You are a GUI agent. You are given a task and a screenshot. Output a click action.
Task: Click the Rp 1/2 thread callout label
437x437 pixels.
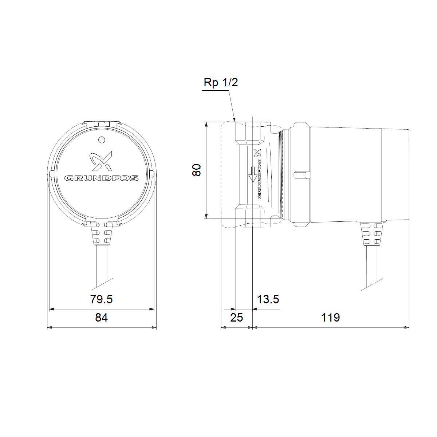coord(221,82)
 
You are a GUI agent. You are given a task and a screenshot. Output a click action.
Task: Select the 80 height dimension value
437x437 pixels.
coord(197,170)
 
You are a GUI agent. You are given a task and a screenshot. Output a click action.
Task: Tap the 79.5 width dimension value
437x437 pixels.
coord(101,299)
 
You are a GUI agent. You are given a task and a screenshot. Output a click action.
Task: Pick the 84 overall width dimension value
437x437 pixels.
coord(101,318)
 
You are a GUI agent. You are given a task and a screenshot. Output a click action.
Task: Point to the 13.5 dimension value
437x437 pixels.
coord(268,299)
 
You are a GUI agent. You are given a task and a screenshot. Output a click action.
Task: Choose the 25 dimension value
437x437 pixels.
coord(236,318)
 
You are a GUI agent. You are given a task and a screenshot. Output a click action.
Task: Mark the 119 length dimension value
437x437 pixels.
coord(330,318)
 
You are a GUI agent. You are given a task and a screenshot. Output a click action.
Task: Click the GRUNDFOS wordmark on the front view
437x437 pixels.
coord(101,178)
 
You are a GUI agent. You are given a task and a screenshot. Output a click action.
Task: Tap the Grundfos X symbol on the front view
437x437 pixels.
coord(101,161)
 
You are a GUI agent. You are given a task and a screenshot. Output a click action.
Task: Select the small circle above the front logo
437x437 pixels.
coord(102,139)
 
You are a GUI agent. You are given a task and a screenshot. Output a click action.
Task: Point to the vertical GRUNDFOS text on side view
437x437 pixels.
coord(259,178)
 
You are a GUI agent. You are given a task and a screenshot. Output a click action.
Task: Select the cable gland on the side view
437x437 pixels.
coord(371,233)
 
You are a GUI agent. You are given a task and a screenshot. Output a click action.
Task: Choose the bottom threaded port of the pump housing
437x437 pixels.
coord(253,216)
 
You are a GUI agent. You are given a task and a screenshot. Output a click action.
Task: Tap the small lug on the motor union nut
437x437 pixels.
coord(302,175)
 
